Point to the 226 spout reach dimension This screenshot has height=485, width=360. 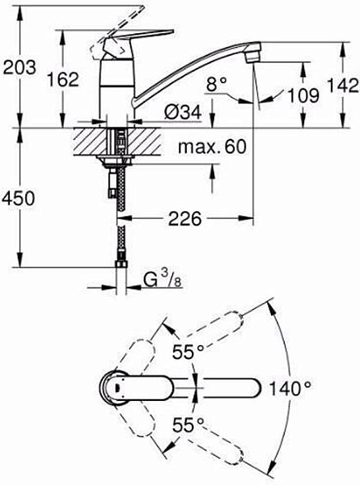185,217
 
